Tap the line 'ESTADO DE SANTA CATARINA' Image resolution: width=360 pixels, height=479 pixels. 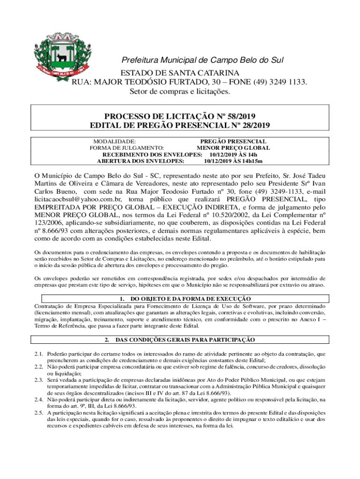[180, 73]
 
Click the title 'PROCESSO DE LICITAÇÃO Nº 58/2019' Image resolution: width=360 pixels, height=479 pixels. [180, 116]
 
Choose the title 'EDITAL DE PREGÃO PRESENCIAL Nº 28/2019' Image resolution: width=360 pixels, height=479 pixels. [180, 125]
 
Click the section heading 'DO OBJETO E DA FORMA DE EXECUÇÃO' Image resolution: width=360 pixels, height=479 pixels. [190, 298]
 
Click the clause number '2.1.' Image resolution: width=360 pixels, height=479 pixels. [39, 354]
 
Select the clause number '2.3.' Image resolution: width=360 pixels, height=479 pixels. [39, 380]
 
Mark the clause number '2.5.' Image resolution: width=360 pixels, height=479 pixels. [39, 413]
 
